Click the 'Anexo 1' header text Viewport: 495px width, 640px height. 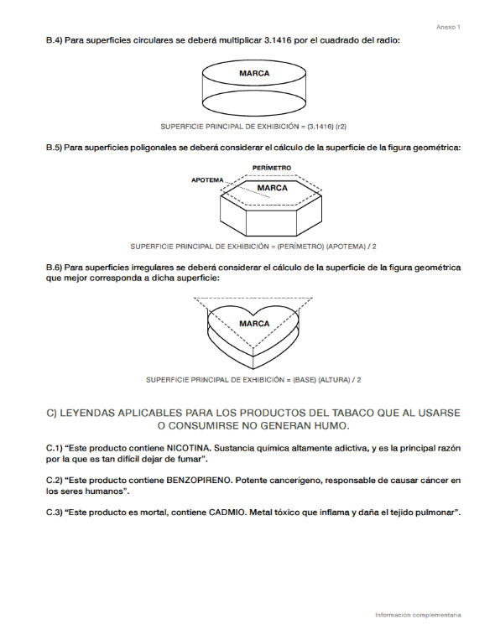pyautogui.click(x=448, y=28)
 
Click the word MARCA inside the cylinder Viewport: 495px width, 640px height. pyautogui.click(x=254, y=74)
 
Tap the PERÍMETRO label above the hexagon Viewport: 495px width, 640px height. pyautogui.click(x=272, y=168)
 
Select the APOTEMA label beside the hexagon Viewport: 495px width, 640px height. pyautogui.click(x=207, y=180)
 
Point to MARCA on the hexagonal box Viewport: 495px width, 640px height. pyautogui.click(x=273, y=188)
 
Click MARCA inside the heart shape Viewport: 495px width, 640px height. pyautogui.click(x=254, y=324)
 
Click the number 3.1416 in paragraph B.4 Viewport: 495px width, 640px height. pyautogui.click(x=278, y=40)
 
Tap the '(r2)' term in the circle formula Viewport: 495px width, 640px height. pyautogui.click(x=341, y=127)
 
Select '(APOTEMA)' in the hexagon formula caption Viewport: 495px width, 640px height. pyautogui.click(x=346, y=247)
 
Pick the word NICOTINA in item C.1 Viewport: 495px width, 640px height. pyautogui.click(x=189, y=448)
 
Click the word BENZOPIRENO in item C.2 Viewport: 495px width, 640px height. pyautogui.click(x=199, y=481)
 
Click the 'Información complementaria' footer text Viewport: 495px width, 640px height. pyautogui.click(x=418, y=615)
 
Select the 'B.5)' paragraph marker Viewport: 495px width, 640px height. pyautogui.click(x=54, y=148)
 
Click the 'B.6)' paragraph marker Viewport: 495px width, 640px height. pyautogui.click(x=54, y=268)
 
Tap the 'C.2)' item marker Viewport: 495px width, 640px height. pyautogui.click(x=54, y=481)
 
